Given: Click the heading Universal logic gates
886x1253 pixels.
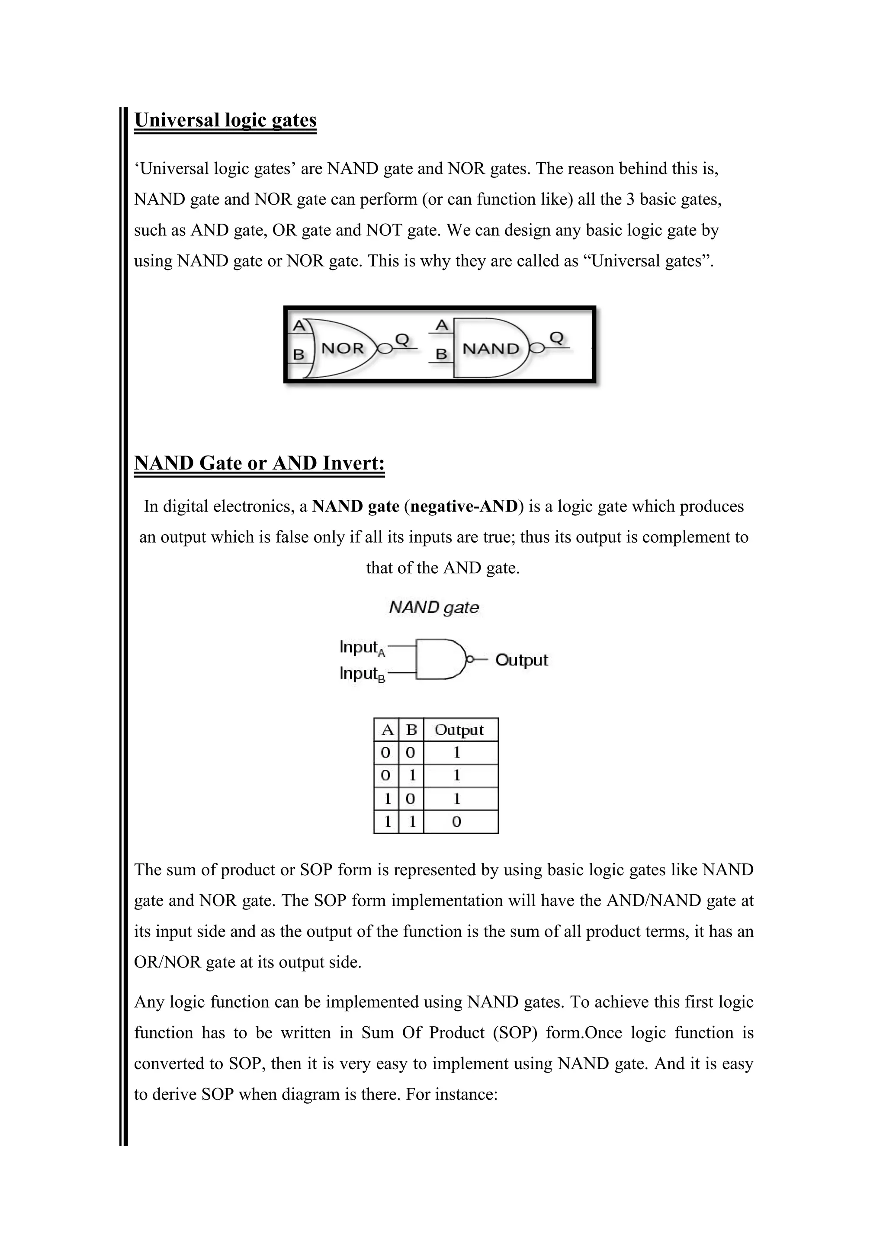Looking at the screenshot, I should [x=225, y=120].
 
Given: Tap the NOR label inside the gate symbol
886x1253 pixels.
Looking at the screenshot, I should [x=343, y=348].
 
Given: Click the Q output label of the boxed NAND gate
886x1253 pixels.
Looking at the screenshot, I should [x=556, y=338].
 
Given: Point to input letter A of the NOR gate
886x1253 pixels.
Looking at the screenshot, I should [x=299, y=326].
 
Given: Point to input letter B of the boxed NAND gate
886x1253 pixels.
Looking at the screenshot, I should [x=441, y=355].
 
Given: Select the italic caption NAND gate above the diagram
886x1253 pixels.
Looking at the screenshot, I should [x=434, y=607].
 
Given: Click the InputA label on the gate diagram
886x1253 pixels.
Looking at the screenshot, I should [x=362, y=648].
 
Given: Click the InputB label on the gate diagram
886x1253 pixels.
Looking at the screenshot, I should [x=362, y=675].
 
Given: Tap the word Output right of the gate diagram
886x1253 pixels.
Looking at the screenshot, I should [x=521, y=660].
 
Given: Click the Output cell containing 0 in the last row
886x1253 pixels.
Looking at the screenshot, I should [x=457, y=822].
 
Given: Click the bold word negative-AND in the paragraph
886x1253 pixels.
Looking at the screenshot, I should [x=464, y=507].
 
